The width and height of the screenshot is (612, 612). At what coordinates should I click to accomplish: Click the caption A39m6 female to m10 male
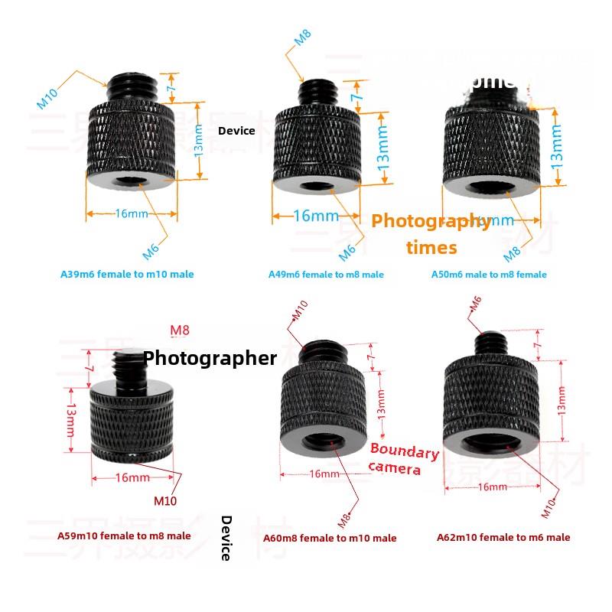pyautogui.click(x=127, y=274)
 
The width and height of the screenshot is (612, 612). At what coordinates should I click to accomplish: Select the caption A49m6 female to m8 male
pyautogui.click(x=326, y=274)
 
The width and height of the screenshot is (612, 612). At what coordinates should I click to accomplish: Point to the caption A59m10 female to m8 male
pyautogui.click(x=124, y=536)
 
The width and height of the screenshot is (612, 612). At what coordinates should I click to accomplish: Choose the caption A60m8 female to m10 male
pyautogui.click(x=330, y=538)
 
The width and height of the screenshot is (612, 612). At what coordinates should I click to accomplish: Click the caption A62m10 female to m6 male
pyautogui.click(x=503, y=537)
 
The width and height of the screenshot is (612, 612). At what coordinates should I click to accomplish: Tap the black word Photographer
pyautogui.click(x=210, y=357)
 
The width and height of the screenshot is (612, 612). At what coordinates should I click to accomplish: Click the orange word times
pyautogui.click(x=431, y=247)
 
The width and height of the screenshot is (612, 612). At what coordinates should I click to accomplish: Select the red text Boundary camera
pyautogui.click(x=403, y=460)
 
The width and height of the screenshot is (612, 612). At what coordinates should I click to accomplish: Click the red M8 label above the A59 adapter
pyautogui.click(x=179, y=330)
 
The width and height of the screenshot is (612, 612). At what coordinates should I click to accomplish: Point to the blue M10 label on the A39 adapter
pyautogui.click(x=47, y=98)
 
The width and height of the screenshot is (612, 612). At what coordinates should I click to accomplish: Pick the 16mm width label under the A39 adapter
pyautogui.click(x=132, y=213)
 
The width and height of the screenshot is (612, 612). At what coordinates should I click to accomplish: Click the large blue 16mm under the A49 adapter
pyautogui.click(x=315, y=216)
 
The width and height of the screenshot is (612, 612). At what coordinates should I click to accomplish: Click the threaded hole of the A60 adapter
pyautogui.click(x=325, y=442)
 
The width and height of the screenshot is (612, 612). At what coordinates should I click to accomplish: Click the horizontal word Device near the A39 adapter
pyautogui.click(x=236, y=131)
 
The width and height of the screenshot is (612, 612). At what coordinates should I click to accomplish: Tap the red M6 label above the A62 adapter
pyautogui.click(x=474, y=304)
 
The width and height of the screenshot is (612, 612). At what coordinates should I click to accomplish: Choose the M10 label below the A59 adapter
pyautogui.click(x=165, y=502)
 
